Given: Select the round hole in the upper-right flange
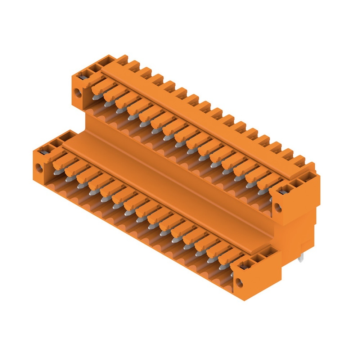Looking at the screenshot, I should point(277,207).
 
